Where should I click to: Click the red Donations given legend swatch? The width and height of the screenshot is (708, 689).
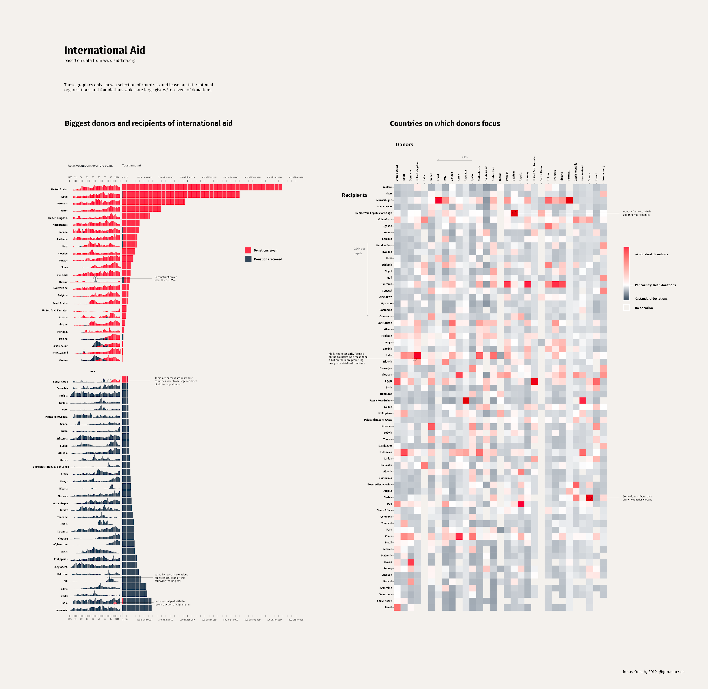[x=248, y=250]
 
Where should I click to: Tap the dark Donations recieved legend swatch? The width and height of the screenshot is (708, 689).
[x=248, y=259]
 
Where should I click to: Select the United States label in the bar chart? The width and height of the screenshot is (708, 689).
[x=59, y=189]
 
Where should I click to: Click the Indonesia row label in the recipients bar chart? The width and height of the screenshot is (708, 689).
[x=62, y=610]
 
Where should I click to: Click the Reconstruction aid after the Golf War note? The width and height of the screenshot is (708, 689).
[x=165, y=279]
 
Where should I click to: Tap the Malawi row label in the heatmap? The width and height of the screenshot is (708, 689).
[x=388, y=187]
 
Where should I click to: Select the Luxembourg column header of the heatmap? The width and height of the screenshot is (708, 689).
[x=603, y=173]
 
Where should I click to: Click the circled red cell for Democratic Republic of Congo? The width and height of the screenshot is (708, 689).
[x=514, y=213]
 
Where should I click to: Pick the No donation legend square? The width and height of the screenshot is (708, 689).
[x=626, y=308]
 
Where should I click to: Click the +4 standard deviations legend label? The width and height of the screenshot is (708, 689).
[x=651, y=254]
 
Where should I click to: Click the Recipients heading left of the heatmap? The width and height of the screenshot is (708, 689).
[x=354, y=195]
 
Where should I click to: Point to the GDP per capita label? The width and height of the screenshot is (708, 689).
[x=359, y=251]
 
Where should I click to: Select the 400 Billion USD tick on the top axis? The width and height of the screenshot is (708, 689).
[x=209, y=177]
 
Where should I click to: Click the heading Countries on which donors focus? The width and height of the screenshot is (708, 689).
[x=445, y=123]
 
